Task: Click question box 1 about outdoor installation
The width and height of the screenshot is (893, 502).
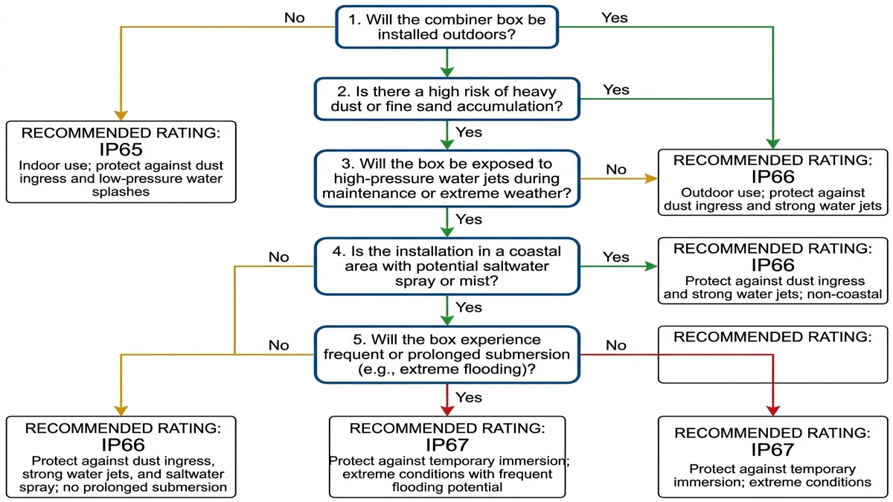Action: pyautogui.click(x=446, y=28)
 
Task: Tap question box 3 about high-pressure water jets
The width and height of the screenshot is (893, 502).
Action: pyautogui.click(x=446, y=178)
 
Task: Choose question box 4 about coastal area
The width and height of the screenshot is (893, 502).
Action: pyautogui.click(x=446, y=266)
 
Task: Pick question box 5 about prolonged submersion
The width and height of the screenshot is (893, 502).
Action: pyautogui.click(x=446, y=354)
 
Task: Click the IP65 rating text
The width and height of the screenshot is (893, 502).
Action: pyautogui.click(x=121, y=149)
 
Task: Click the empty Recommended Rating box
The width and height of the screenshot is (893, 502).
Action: pyautogui.click(x=772, y=355)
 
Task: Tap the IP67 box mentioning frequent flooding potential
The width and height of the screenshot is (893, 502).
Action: pyautogui.click(x=446, y=456)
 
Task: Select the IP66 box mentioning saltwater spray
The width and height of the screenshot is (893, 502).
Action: pyautogui.click(x=121, y=456)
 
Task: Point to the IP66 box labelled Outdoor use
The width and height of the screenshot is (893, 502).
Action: pyautogui.click(x=772, y=183)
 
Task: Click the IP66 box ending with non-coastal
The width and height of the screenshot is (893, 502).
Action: pyautogui.click(x=772, y=270)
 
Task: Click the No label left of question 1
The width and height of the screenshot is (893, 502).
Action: pyautogui.click(x=295, y=17)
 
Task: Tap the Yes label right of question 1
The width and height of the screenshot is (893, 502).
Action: pyautogui.click(x=615, y=17)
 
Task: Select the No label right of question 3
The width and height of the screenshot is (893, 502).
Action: pyautogui.click(x=616, y=170)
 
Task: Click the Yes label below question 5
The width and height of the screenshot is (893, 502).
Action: pyautogui.click(x=469, y=397)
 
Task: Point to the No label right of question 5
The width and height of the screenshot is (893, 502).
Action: pyautogui.click(x=616, y=345)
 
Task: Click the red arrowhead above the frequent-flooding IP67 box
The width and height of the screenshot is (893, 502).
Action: pyautogui.click(x=446, y=409)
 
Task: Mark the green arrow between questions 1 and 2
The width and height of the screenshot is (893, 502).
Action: pyautogui.click(x=446, y=64)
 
